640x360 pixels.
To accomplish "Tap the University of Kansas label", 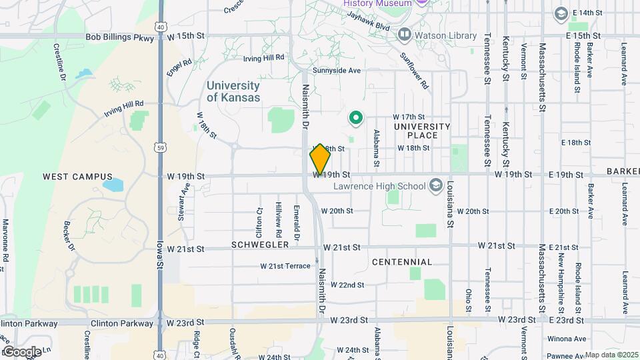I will (233, 91).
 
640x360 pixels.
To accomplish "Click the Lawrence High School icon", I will (436, 184).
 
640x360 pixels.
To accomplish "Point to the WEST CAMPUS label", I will (78, 177).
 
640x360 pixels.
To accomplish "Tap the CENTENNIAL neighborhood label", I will (402, 262).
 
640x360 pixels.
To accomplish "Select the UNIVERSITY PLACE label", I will (422, 131).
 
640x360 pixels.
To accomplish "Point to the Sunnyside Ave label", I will (337, 70).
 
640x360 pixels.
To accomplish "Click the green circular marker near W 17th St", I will (356, 119).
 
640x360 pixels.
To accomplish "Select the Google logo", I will (21, 351).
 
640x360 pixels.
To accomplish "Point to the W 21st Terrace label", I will (285, 266).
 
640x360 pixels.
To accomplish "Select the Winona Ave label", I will (566, 339).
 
